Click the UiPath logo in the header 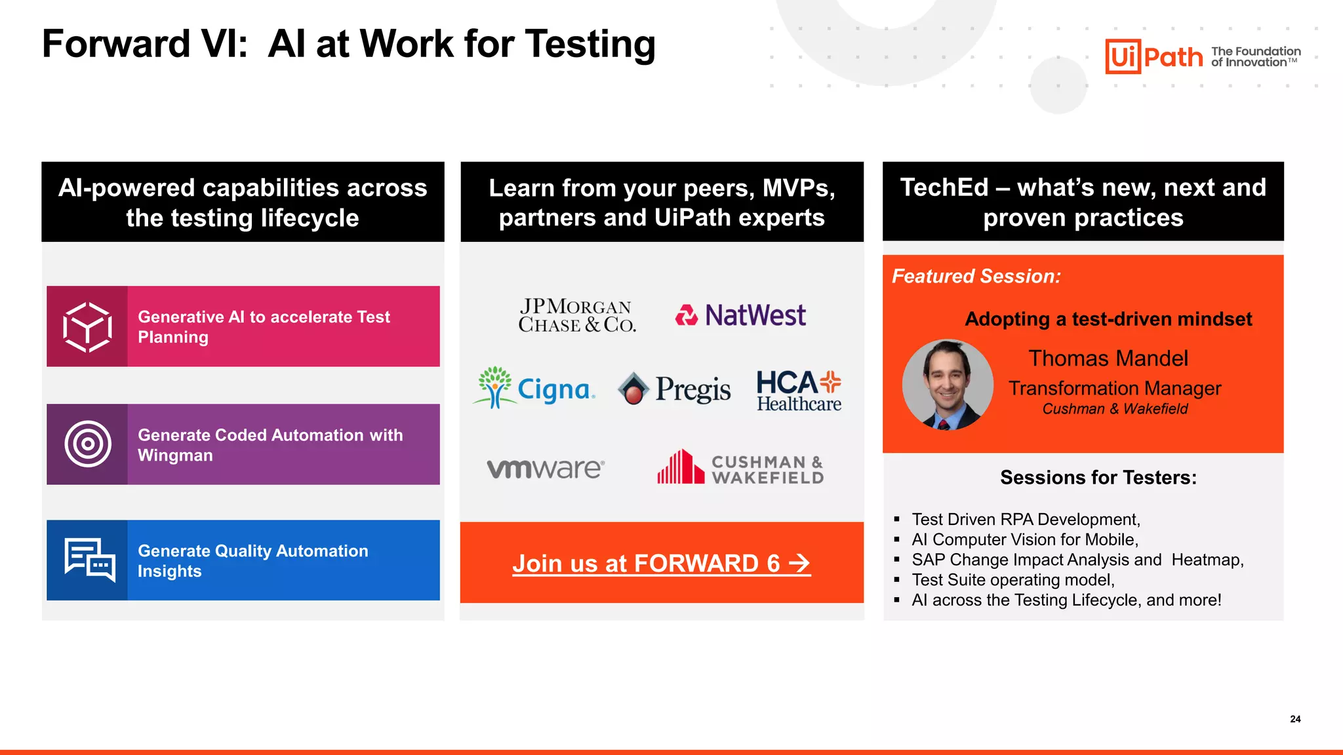(1154, 56)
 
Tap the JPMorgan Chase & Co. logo (576, 315)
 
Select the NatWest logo (740, 315)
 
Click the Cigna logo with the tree (534, 388)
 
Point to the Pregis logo (674, 389)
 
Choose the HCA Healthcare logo (798, 391)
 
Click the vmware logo (545, 469)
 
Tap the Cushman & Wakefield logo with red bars (740, 468)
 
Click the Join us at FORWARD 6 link (661, 564)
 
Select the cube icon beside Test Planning (87, 326)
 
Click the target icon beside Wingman (88, 444)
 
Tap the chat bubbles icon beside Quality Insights (89, 560)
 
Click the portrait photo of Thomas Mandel (947, 385)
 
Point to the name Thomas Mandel (1108, 358)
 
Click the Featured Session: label (976, 277)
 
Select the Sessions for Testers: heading (1098, 478)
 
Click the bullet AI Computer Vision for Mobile (1024, 540)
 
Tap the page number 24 (1295, 719)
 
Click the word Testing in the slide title (590, 45)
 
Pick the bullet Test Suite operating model (1012, 580)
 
